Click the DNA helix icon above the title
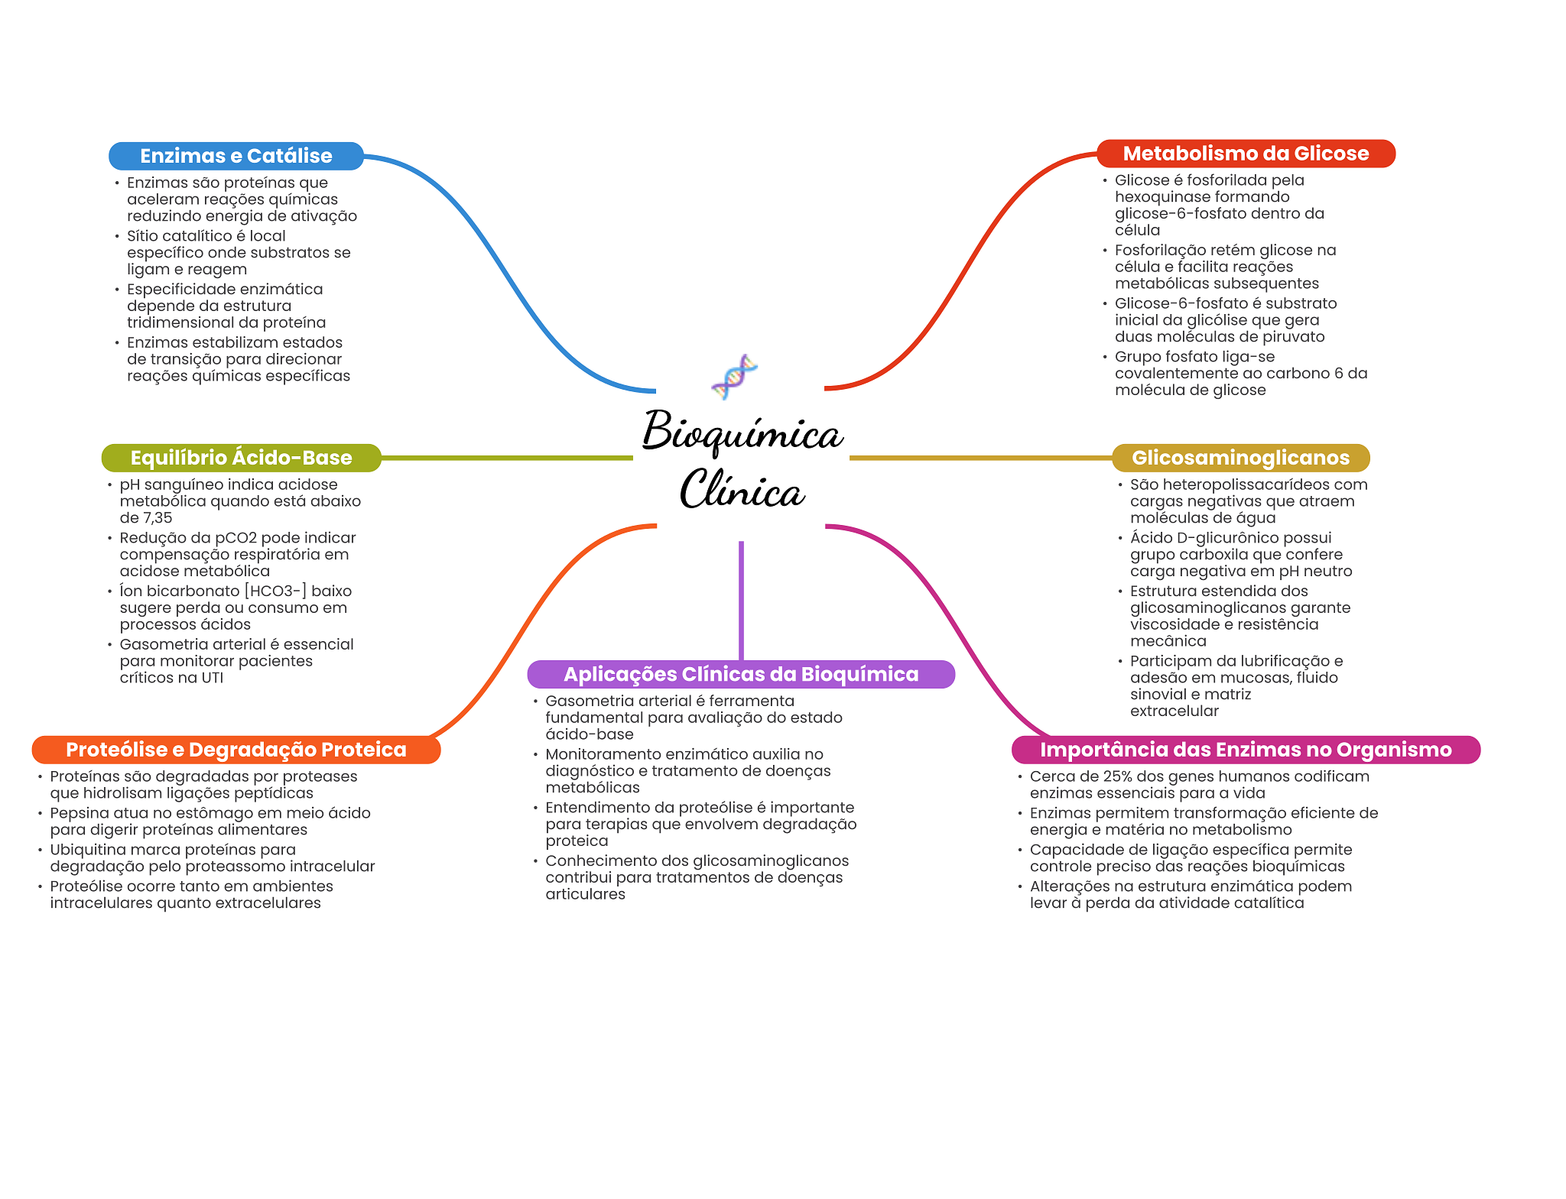pos(734,376)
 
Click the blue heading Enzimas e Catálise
pos(236,156)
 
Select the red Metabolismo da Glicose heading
pos(1246,154)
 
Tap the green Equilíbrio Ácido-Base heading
pos(242,458)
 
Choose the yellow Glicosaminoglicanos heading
pos(1240,458)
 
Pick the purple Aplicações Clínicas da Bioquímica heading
pos(741,674)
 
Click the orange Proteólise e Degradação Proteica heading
pos(236,750)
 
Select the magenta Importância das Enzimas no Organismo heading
pos(1246,750)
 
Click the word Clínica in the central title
pos(742,489)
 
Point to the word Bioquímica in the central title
pos(742,432)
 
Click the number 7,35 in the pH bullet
pos(158,518)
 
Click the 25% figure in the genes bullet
pos(1118,776)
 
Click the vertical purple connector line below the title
pos(741,601)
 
